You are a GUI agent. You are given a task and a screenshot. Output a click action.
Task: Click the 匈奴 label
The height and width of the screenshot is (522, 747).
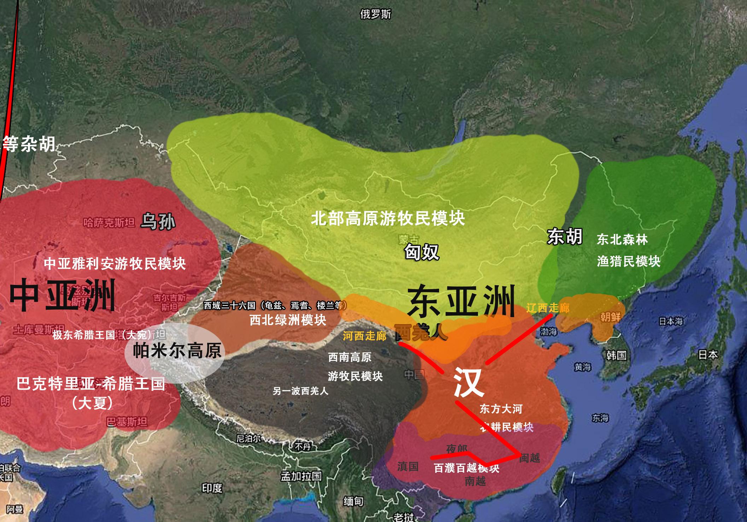421,252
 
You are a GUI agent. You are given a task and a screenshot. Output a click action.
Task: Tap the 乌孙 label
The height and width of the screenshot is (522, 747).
158,222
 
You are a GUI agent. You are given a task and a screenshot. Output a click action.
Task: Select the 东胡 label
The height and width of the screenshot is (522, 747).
565,236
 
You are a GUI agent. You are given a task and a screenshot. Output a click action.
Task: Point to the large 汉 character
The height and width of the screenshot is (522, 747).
468,383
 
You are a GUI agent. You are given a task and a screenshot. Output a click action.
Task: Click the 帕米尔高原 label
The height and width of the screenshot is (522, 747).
177,350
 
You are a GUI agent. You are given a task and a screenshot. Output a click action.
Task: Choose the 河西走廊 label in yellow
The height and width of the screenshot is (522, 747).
364,335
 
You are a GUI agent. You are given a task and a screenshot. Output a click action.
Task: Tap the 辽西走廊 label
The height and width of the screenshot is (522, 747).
548,308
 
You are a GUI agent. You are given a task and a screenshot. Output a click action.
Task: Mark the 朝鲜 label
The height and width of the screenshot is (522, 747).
610,317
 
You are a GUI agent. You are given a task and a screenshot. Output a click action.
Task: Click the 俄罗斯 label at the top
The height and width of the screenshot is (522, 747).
375,15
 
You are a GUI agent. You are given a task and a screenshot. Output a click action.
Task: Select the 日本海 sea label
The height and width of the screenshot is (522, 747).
671,321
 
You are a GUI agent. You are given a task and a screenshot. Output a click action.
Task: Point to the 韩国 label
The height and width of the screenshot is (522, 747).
616,355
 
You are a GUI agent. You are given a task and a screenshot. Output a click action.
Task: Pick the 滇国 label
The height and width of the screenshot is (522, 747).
408,466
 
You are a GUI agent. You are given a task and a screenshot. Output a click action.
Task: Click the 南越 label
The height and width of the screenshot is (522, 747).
475,481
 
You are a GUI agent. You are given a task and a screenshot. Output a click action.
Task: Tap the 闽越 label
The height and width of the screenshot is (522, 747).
530,458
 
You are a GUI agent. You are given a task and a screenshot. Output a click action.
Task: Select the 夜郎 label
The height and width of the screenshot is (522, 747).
457,449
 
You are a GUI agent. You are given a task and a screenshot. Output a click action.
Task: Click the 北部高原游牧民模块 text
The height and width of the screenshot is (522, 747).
388,218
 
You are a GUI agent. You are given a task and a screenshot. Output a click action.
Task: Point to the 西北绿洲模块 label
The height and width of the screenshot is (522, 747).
288,320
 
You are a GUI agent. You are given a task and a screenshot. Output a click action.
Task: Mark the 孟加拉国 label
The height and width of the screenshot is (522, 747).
301,476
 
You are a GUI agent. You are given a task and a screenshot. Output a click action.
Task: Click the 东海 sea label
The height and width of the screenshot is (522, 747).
600,419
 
